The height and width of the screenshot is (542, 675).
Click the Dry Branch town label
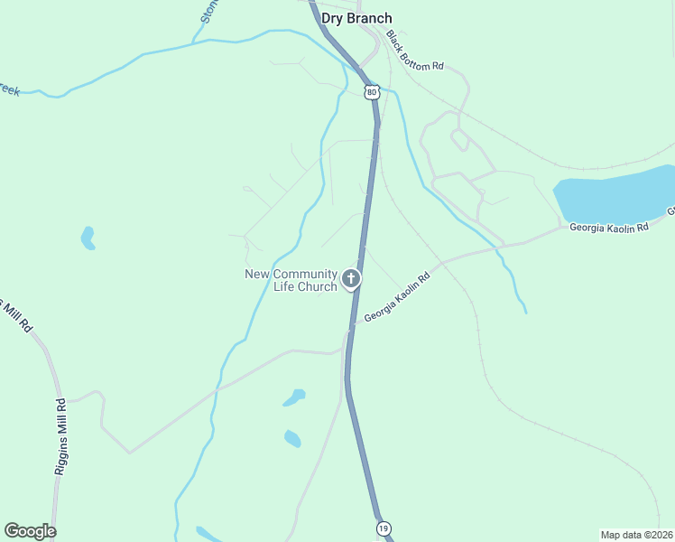[x=356, y=18]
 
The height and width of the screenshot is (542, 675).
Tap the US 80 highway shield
[x=372, y=92]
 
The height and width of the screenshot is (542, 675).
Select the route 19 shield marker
[x=383, y=528]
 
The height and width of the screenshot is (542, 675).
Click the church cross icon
[x=351, y=278]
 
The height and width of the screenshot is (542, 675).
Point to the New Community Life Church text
[x=291, y=280]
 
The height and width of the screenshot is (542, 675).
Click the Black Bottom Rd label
[x=415, y=51]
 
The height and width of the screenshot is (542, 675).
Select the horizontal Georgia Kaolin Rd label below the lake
[x=609, y=228]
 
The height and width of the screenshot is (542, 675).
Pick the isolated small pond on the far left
[x=88, y=238]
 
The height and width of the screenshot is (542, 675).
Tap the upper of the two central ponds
[x=294, y=397]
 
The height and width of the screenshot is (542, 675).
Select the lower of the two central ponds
[x=292, y=439]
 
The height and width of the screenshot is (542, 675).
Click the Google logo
[x=30, y=531]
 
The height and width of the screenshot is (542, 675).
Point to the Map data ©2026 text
[x=636, y=534]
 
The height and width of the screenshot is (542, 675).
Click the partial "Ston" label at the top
[x=209, y=11]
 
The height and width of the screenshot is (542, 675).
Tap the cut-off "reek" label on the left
[x=9, y=90]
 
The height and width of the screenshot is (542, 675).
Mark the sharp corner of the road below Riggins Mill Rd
[x=130, y=453]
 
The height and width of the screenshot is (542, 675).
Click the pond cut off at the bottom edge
[x=208, y=535]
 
